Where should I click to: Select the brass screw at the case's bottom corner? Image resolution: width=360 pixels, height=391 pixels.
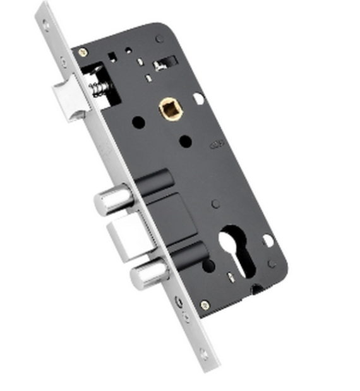coord(205,305)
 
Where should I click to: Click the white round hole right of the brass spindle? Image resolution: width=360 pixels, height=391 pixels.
coord(199,99)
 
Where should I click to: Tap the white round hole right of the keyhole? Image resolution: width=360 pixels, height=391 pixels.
coord(268,241)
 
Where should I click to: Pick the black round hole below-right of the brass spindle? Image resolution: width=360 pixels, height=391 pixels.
coord(184,140)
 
